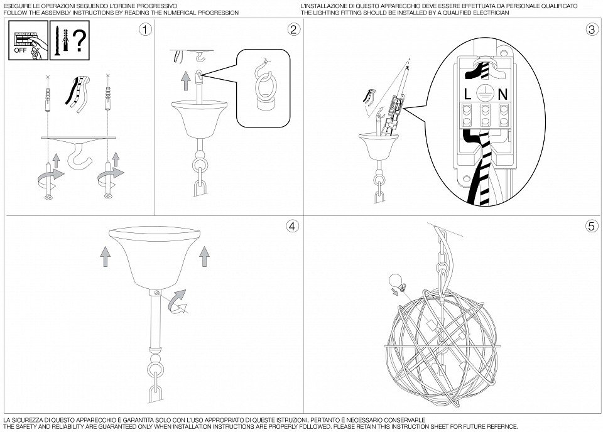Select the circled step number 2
[x=293, y=30]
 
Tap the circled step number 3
[x=591, y=30]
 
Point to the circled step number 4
[x=291, y=227]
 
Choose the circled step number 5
[x=591, y=227]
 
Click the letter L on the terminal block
[x=468, y=95]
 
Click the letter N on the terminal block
[x=503, y=95]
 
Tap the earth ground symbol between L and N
[x=485, y=94]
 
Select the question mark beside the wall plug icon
[x=79, y=40]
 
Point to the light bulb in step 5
[x=394, y=281]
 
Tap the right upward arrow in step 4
[x=203, y=254]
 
